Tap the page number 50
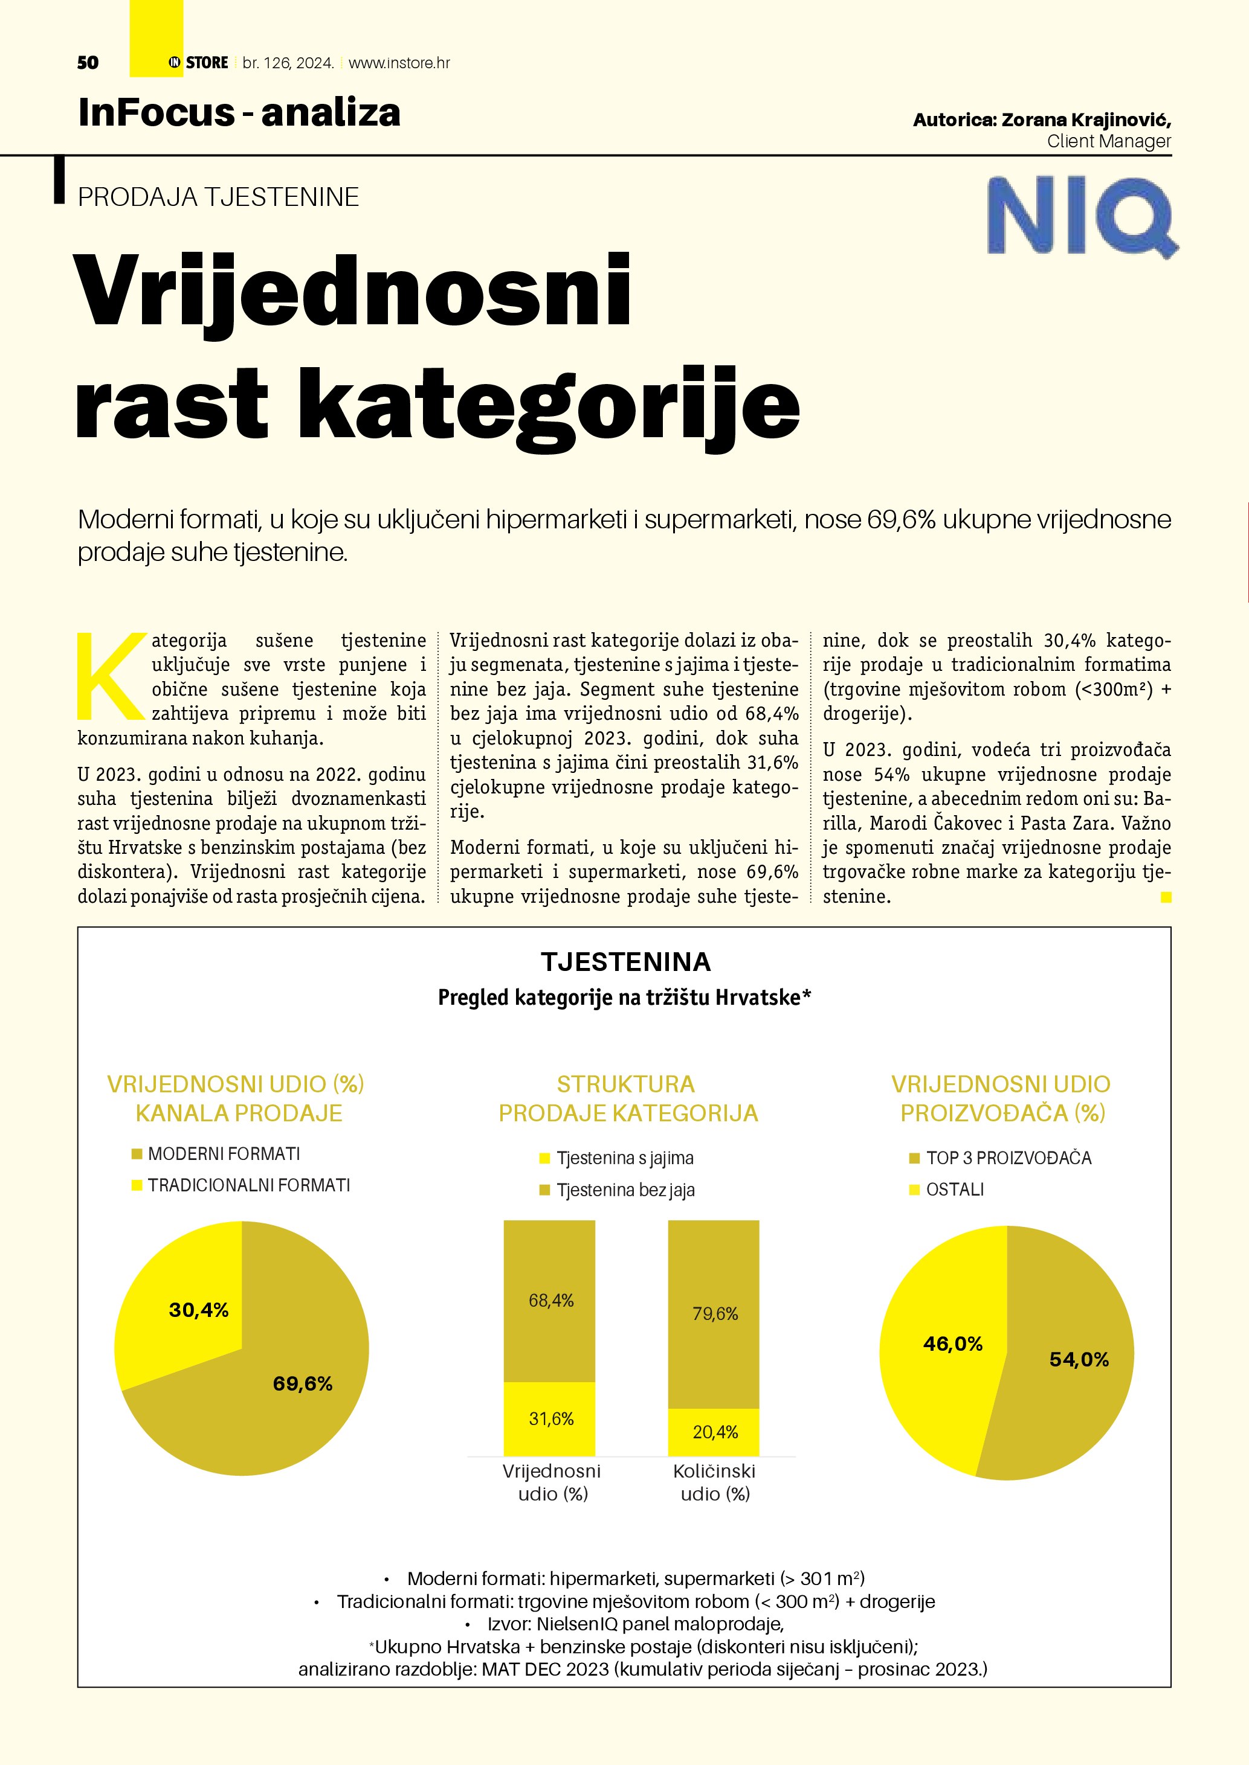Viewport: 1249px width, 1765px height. click(x=88, y=63)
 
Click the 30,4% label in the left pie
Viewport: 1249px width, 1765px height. click(x=198, y=1310)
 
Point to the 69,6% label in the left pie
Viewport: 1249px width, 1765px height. click(x=302, y=1384)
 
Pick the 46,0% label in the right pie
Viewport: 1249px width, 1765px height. click(x=953, y=1344)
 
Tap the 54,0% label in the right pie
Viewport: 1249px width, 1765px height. click(x=1079, y=1359)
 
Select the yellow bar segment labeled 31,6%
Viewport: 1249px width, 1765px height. click(x=550, y=1418)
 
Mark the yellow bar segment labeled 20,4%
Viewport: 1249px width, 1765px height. click(x=714, y=1431)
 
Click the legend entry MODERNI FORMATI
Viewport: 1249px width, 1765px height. click(x=223, y=1154)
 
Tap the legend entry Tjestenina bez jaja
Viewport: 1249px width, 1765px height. click(x=625, y=1190)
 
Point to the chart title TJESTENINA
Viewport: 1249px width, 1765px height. click(x=625, y=962)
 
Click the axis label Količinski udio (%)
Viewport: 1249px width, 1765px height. click(x=714, y=1482)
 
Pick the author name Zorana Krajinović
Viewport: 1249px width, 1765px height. click(x=1085, y=120)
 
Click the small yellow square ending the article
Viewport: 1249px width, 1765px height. click(x=1166, y=896)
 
